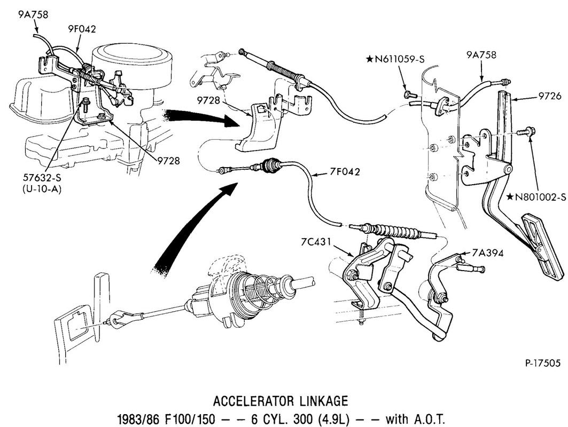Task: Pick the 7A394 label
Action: coord(487,252)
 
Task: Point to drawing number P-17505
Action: coord(542,363)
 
